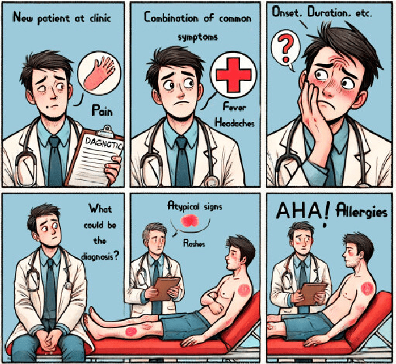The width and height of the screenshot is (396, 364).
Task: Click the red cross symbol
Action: [233, 75]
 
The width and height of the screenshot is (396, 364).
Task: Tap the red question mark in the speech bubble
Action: [286, 49]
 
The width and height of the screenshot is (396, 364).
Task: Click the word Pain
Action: [102, 110]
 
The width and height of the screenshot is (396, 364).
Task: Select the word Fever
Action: [234, 107]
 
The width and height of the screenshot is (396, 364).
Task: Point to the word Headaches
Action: [235, 123]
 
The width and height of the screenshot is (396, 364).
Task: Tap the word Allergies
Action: [361, 211]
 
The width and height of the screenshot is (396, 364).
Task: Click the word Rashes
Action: [194, 243]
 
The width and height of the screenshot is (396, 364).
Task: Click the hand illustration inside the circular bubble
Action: [99, 73]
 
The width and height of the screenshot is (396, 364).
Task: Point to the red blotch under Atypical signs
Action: [190, 220]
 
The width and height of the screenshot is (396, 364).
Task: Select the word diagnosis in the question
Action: [97, 257]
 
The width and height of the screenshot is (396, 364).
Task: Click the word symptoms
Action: [198, 38]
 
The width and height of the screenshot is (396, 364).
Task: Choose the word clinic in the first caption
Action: [100, 18]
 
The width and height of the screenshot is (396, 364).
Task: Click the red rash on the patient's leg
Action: [131, 331]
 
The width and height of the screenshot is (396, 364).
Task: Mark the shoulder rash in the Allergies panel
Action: [367, 288]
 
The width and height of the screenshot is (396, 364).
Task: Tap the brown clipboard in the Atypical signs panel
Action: [166, 288]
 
